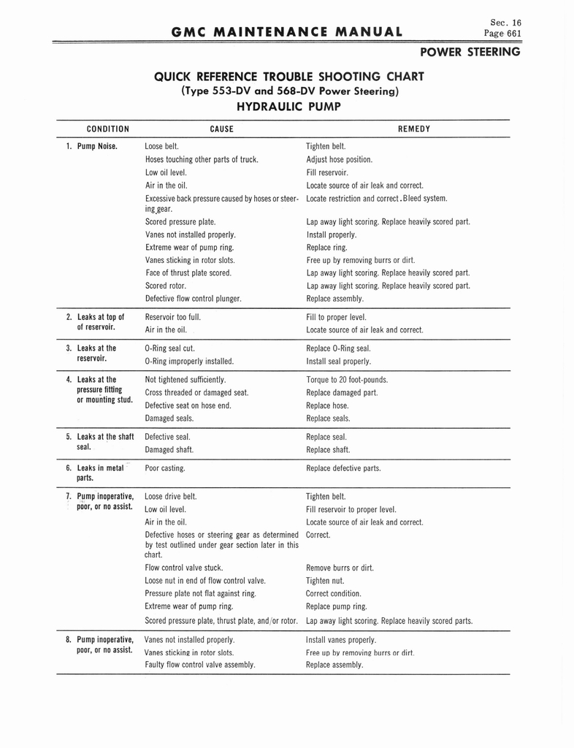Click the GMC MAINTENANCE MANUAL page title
286,31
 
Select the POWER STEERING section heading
470,52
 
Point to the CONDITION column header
107,129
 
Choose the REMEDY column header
414,129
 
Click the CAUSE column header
221,129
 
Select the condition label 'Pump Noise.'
97,146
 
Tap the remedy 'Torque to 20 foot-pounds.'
347,380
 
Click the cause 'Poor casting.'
165,468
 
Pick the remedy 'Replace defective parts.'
343,468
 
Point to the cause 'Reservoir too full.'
173,317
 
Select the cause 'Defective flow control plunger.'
193,299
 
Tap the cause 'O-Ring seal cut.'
169,348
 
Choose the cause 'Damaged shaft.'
169,450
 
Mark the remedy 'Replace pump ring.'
337,606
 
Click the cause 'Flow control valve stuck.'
184,568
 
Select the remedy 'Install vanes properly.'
341,639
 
